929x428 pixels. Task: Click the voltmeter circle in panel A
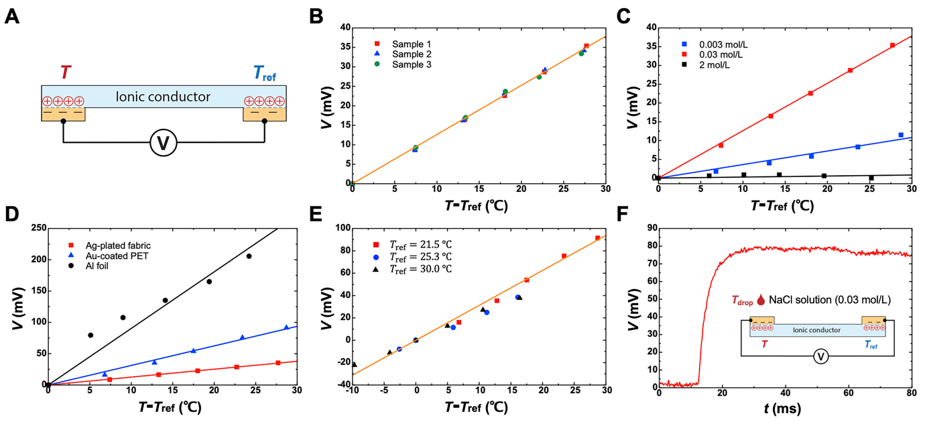(x=162, y=143)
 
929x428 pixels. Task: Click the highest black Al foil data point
(x=249, y=256)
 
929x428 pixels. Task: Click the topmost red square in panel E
(x=597, y=238)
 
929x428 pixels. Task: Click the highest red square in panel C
(x=893, y=46)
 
